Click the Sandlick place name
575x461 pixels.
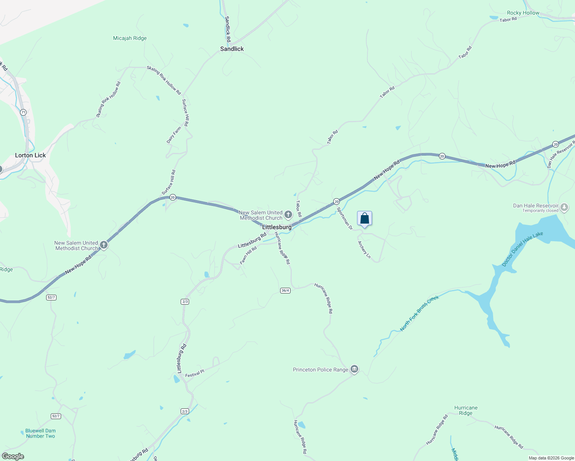(232, 49)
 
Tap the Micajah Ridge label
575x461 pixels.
(130, 38)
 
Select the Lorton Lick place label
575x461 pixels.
(30, 155)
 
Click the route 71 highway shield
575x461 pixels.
(23, 112)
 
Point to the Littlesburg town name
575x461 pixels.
(277, 227)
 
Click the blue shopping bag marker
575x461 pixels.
(364, 219)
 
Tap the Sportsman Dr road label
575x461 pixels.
(345, 219)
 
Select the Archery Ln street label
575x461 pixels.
(364, 250)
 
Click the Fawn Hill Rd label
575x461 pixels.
(248, 255)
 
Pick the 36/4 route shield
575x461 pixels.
(285, 290)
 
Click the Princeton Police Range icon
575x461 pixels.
(354, 370)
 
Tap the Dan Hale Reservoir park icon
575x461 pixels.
(564, 207)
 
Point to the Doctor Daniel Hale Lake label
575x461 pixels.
(522, 249)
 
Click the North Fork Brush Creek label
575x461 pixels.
(419, 313)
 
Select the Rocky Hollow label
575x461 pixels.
(523, 13)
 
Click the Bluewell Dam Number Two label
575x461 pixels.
(40, 433)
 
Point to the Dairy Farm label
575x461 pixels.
(174, 135)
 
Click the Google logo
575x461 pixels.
(13, 456)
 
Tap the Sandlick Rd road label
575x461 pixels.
(228, 29)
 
